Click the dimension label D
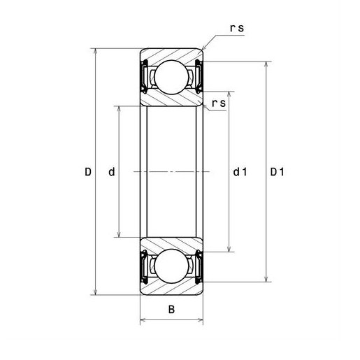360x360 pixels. [x=88, y=172]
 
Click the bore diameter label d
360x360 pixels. [x=112, y=172]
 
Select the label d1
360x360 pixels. [x=240, y=172]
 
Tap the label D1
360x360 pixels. [x=278, y=172]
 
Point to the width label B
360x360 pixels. [x=171, y=310]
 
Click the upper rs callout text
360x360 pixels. [x=237, y=28]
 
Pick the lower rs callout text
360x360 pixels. [x=219, y=103]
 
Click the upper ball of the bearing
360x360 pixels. [x=171, y=77]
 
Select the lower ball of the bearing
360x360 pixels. [x=171, y=266]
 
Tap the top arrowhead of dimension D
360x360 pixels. [x=95, y=51]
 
